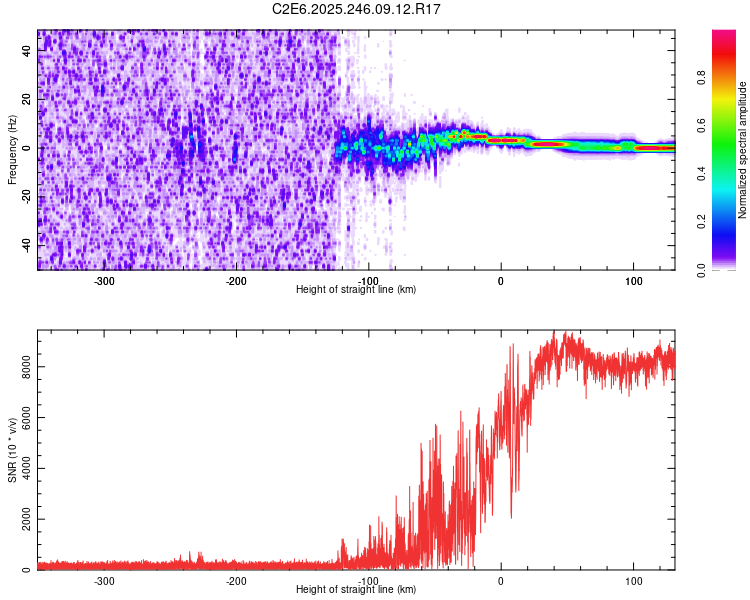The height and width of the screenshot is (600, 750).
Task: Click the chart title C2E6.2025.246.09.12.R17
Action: coord(357,9)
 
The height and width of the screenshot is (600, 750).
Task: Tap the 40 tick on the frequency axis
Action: coord(28,52)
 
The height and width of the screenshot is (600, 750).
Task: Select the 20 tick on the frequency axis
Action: coord(28,100)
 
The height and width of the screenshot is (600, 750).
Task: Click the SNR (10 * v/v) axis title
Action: coord(12,452)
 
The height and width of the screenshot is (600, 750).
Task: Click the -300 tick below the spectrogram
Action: coord(104,281)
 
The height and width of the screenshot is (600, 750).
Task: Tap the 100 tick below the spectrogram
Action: coord(633,281)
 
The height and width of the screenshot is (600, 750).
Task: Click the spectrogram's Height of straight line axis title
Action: coord(356,290)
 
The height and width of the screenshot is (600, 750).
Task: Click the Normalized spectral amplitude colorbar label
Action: coord(743,150)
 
